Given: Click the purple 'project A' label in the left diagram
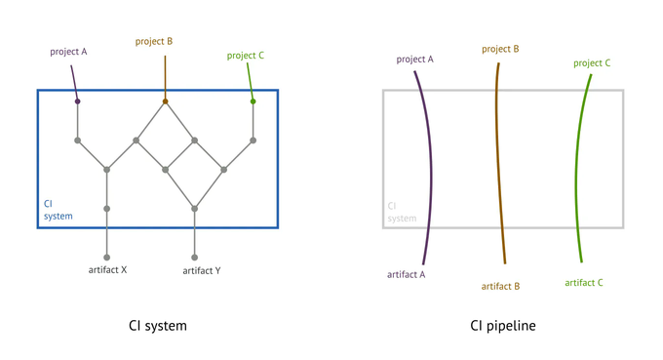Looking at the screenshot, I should click(x=69, y=52).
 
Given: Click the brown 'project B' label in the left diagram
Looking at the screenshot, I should click(x=154, y=42).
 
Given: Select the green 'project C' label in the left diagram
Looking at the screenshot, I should click(x=246, y=56).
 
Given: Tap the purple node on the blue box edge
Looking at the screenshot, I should click(x=77, y=100).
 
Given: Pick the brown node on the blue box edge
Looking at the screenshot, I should click(x=165, y=100).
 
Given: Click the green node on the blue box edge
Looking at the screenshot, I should click(x=253, y=100).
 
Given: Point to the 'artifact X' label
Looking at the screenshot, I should click(x=106, y=269).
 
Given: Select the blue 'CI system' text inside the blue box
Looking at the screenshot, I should click(x=58, y=210).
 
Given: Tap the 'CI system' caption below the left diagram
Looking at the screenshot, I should click(x=157, y=325).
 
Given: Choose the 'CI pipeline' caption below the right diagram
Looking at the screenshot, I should click(x=503, y=325).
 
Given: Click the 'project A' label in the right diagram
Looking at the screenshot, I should click(x=415, y=60).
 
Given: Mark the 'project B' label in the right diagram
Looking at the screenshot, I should click(x=500, y=48).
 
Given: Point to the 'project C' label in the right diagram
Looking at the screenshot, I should click(x=592, y=62).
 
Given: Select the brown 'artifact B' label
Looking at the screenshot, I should click(x=500, y=286).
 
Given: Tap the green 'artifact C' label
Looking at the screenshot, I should click(x=584, y=282).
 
